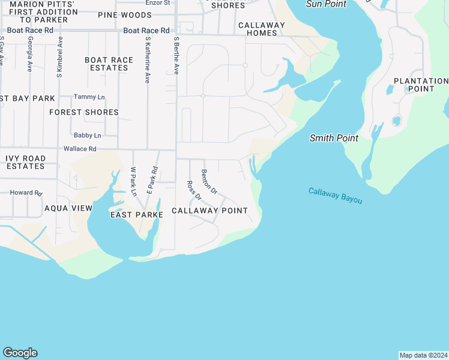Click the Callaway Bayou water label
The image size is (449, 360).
(x=336, y=196)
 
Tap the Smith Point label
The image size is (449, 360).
(x=334, y=138)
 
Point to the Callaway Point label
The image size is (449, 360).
(x=209, y=211)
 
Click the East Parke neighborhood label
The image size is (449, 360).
(x=133, y=214)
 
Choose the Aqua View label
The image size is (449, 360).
(x=68, y=208)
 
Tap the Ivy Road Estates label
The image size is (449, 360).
(x=25, y=162)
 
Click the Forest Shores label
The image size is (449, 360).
(x=84, y=112)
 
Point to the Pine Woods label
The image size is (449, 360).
(x=124, y=15)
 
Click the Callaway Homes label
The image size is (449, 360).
(x=262, y=29)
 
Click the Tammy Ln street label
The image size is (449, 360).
(x=89, y=97)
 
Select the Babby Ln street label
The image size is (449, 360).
(x=87, y=136)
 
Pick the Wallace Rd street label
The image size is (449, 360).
(x=80, y=149)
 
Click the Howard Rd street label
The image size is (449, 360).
(x=26, y=193)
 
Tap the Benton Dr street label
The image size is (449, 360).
(x=209, y=181)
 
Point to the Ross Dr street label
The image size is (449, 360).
(x=193, y=191)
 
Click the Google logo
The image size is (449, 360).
(x=20, y=353)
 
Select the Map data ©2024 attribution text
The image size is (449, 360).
(x=423, y=355)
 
